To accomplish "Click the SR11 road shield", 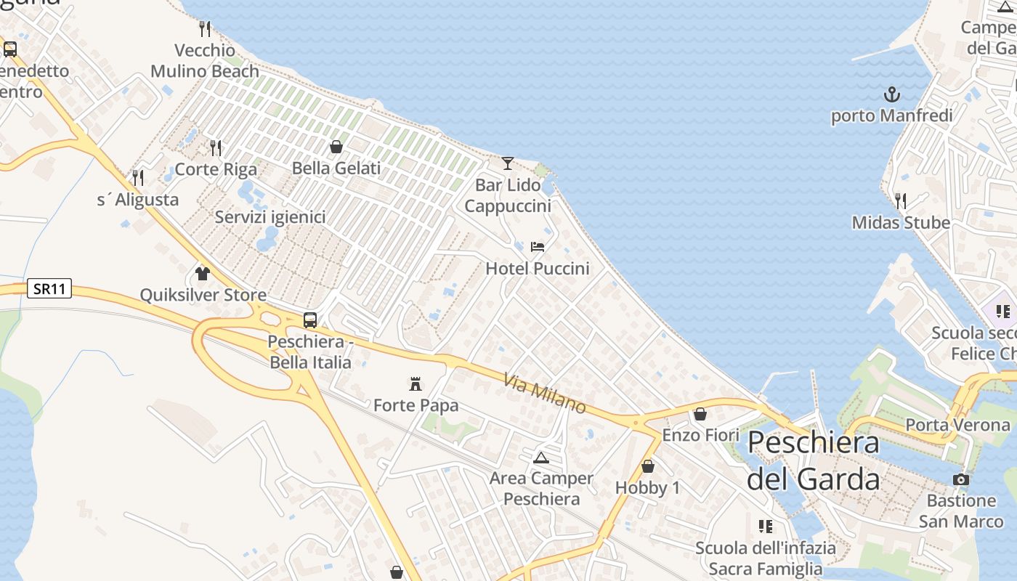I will (x=50, y=288).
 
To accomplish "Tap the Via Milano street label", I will (x=544, y=394).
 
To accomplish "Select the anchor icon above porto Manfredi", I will (x=891, y=94).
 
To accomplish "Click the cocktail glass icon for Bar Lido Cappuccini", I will (x=508, y=163).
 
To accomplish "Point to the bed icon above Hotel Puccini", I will (x=538, y=247).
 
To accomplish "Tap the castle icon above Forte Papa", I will (x=416, y=383).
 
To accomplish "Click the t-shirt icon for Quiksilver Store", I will (x=203, y=274).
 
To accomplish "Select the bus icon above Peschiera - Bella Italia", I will (x=310, y=320).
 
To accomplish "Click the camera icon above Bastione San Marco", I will (x=961, y=479).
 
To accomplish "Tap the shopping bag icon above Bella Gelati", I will (x=336, y=147).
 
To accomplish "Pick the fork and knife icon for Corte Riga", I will (x=216, y=147).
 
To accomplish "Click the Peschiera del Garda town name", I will (x=814, y=460).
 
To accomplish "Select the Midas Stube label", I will (x=901, y=222).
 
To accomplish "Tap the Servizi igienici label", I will (x=270, y=217).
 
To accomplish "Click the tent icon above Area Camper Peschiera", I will (x=540, y=458).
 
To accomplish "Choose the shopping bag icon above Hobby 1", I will (x=648, y=466).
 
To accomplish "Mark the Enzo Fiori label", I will (x=700, y=435).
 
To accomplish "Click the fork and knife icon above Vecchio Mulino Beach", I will (x=205, y=29).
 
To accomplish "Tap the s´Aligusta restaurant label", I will (x=138, y=199).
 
